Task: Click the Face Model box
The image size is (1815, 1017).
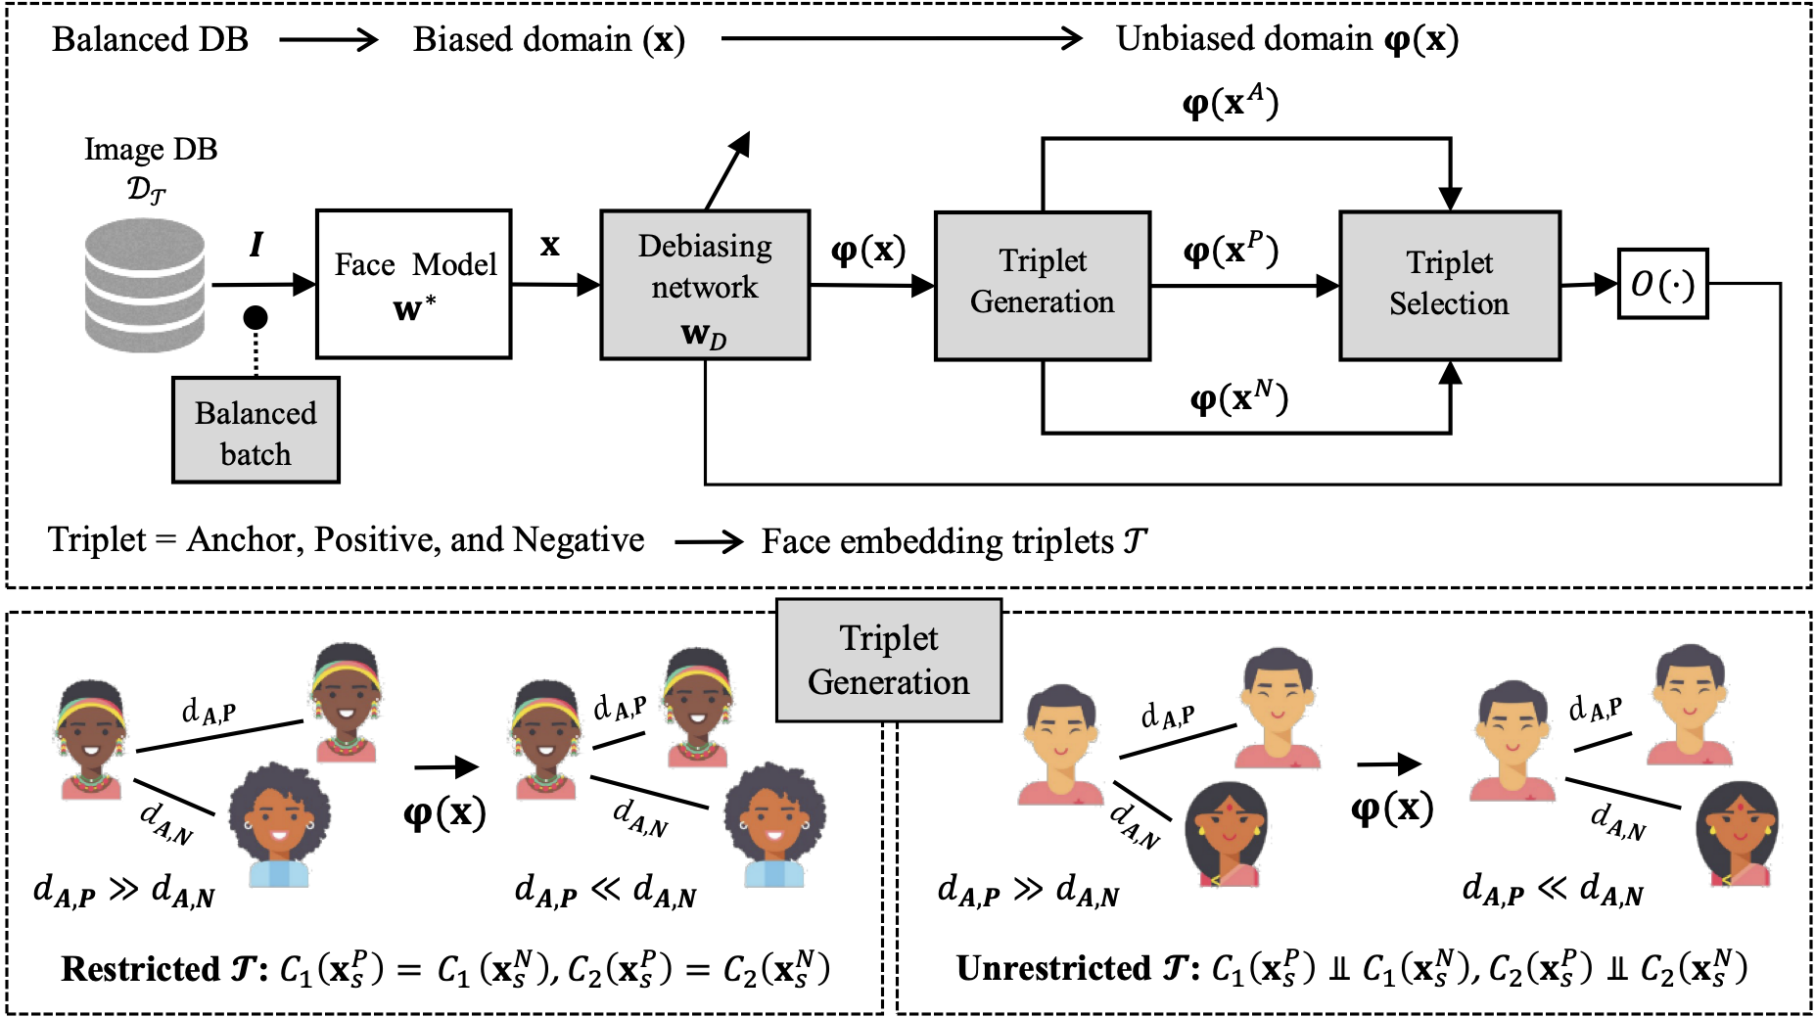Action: click(x=413, y=284)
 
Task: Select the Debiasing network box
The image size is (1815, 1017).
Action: click(x=704, y=285)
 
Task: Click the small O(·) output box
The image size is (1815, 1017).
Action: click(x=1662, y=284)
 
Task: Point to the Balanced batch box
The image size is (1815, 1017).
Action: click(x=256, y=431)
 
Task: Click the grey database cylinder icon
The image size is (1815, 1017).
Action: click(x=145, y=285)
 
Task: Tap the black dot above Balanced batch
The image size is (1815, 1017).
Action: click(x=256, y=317)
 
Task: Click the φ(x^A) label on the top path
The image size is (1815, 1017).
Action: click(x=1230, y=102)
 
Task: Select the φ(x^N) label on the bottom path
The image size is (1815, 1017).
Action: click(x=1237, y=397)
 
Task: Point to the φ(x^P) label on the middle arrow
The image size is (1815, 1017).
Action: click(x=1230, y=251)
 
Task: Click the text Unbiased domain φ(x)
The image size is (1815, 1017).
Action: click(x=1286, y=39)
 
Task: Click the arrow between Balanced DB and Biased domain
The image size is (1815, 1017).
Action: click(x=328, y=40)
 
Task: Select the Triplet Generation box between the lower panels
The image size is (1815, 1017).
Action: click(x=888, y=661)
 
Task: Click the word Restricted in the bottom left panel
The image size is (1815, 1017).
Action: click(x=140, y=969)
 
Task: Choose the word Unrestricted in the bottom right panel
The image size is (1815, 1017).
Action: click(x=1052, y=968)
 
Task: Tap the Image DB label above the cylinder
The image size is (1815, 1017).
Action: click(x=151, y=150)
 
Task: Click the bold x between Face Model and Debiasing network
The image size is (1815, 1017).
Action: click(x=549, y=245)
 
